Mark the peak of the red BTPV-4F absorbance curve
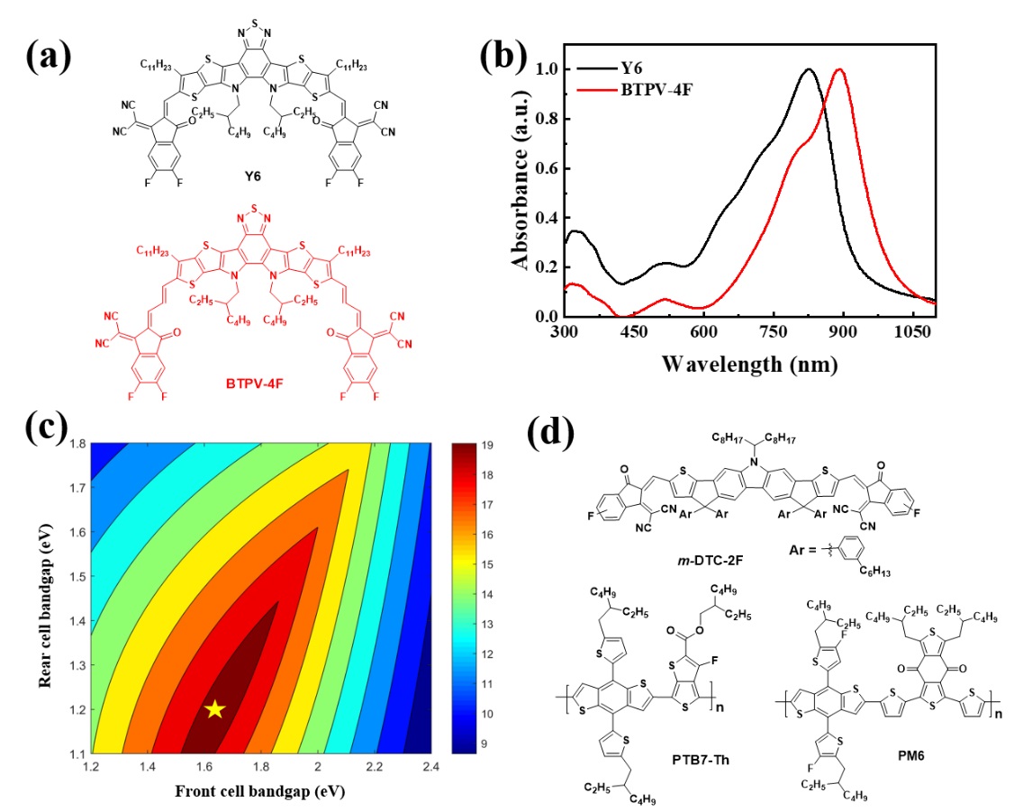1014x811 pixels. [x=840, y=69]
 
